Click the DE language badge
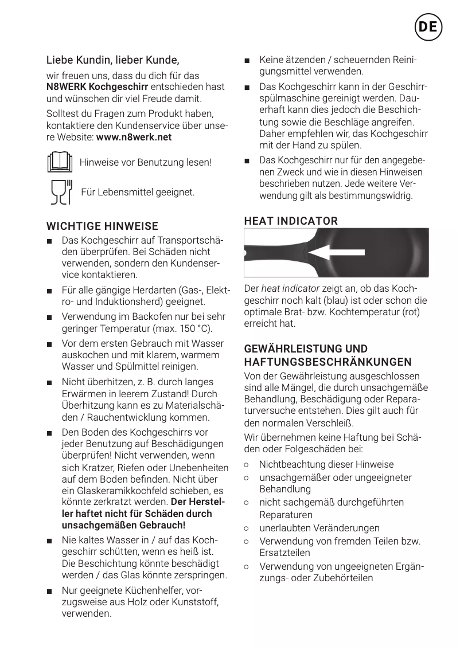(x=427, y=27)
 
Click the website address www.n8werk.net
(x=134, y=138)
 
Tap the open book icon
(x=60, y=162)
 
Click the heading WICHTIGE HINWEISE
(x=102, y=226)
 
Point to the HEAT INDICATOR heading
(x=291, y=221)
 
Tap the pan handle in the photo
(x=272, y=252)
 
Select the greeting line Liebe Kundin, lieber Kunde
(x=112, y=60)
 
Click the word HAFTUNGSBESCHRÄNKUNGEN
(x=328, y=362)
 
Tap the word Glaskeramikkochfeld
(x=122, y=491)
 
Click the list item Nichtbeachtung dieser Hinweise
(x=326, y=464)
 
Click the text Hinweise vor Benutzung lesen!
(x=146, y=162)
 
